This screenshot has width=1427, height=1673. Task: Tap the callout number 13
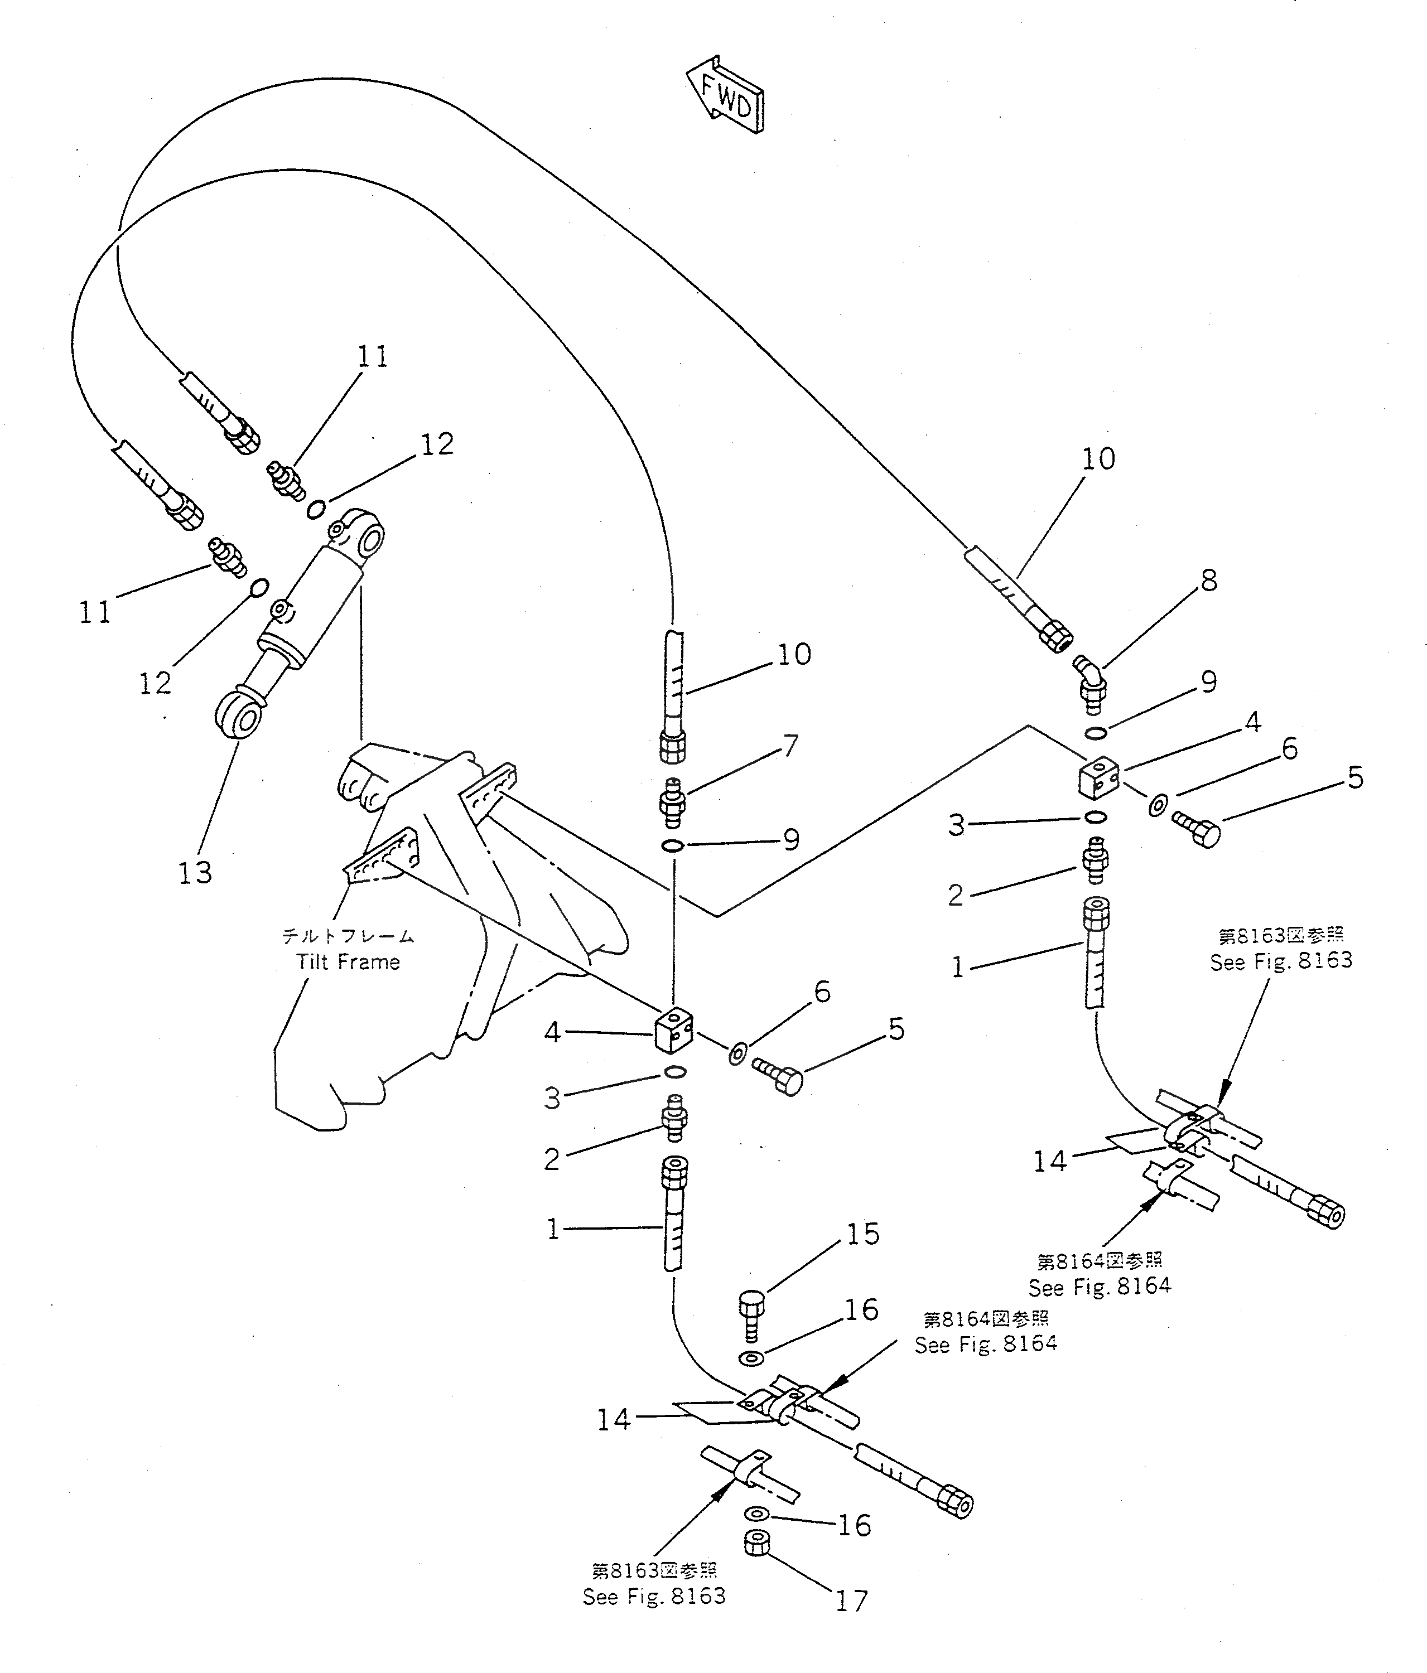tap(195, 872)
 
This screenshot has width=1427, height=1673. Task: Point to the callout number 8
tap(1208, 580)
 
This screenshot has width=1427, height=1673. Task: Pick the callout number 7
tap(790, 744)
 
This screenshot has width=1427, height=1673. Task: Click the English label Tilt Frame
tap(348, 961)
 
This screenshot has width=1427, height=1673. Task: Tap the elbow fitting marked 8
tap(1091, 684)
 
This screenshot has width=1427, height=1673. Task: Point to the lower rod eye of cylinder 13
tap(239, 714)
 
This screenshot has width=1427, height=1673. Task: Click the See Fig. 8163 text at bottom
tap(654, 1596)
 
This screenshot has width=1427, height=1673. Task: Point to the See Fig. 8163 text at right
tap(1281, 960)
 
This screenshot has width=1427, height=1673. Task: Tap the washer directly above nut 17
tap(756, 1512)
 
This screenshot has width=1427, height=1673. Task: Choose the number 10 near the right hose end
tap(1098, 458)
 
